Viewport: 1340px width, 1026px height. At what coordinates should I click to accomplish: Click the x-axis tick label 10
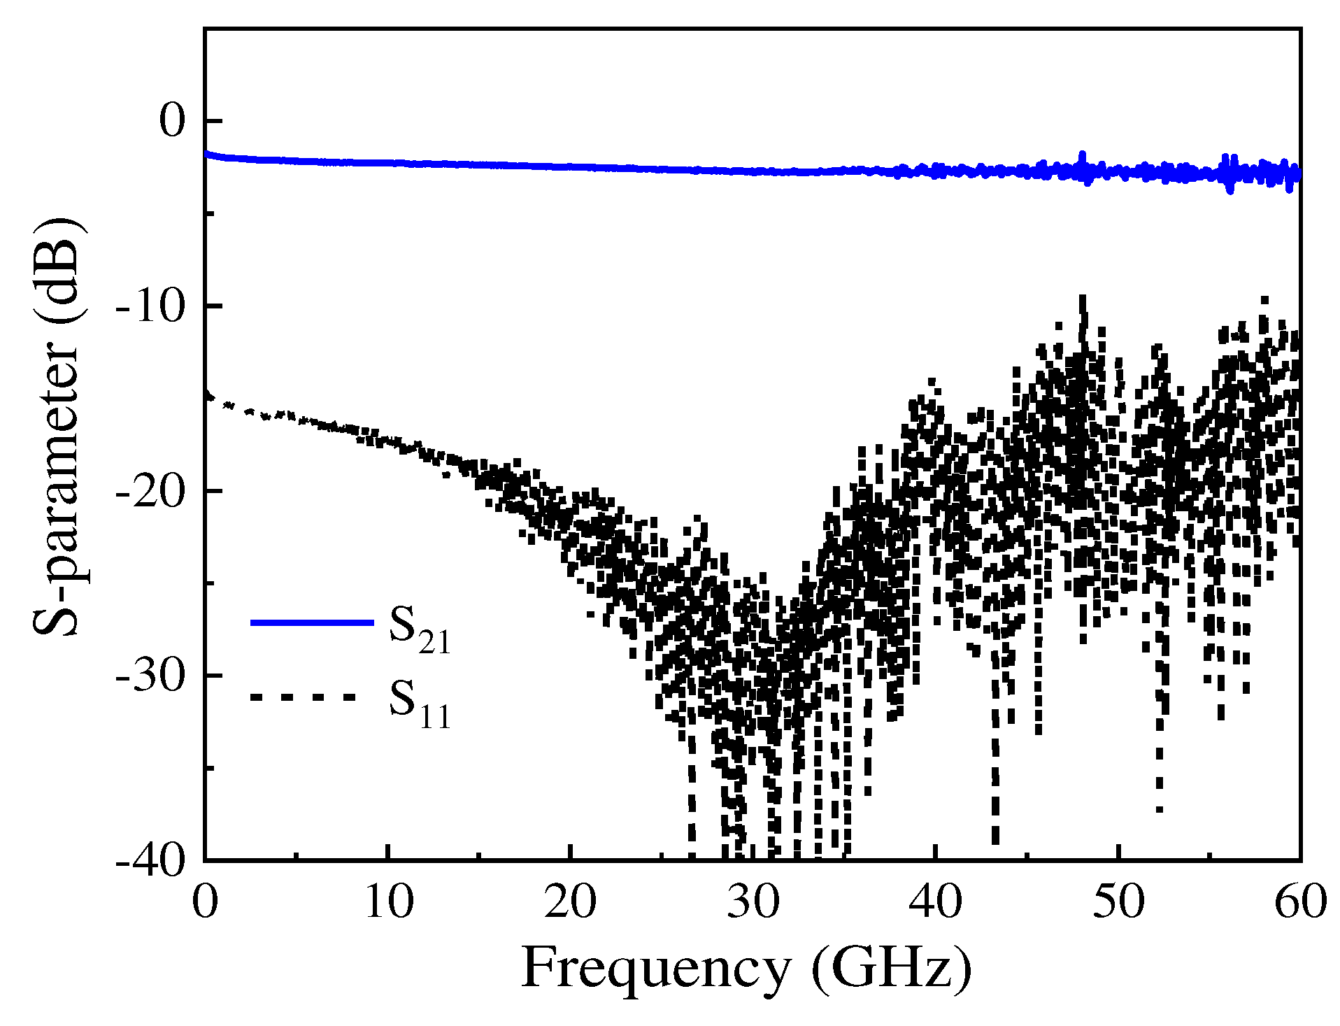coord(389,902)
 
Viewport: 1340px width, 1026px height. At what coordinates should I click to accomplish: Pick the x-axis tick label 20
coord(571,902)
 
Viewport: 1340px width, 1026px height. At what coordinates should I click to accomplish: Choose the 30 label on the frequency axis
coord(753,902)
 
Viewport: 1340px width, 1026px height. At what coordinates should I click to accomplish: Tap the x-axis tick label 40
coord(936,902)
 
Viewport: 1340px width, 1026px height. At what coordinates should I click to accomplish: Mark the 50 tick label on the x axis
coord(1118,902)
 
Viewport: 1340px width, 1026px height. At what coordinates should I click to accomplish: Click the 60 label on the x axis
coord(1300,902)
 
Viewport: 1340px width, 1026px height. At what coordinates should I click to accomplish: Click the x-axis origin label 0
coord(205,902)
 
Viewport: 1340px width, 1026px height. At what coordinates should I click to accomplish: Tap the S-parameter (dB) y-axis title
coord(59,427)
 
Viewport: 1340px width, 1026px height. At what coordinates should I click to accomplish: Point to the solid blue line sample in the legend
coord(312,622)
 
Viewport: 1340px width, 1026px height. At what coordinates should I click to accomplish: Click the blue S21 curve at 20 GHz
coord(571,167)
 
